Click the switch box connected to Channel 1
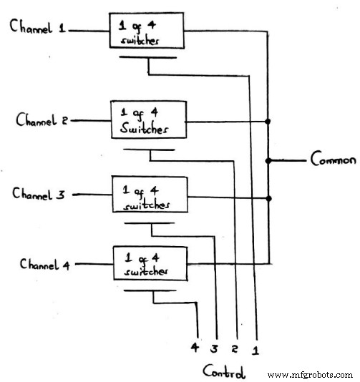click(x=146, y=31)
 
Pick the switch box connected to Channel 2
click(x=147, y=121)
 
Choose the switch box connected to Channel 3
click(x=148, y=195)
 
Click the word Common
click(x=332, y=160)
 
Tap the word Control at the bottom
click(x=224, y=372)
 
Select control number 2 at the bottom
click(x=235, y=351)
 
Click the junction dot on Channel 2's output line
click(x=268, y=121)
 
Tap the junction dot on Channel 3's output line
click(x=268, y=199)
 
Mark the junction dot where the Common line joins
click(x=268, y=160)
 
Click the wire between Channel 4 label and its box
click(x=92, y=265)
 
